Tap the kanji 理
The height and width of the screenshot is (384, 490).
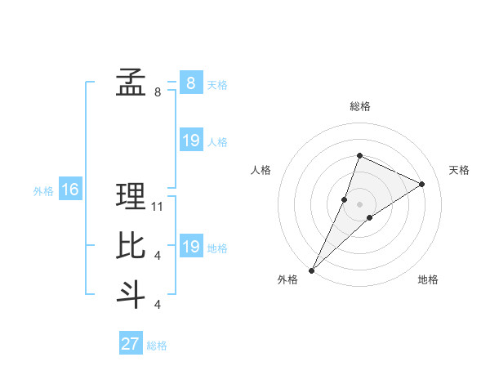(131, 196)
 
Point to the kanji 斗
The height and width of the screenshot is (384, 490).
(131, 294)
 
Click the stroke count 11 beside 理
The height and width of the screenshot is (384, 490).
(158, 207)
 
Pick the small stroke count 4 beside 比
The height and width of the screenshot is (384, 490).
(158, 256)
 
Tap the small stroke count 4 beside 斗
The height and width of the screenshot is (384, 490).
(158, 305)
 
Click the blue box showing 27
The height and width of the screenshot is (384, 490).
(131, 344)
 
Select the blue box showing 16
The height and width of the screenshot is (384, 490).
(69, 190)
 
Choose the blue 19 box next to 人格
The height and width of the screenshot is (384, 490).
(190, 141)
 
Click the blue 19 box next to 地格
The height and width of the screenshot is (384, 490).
(190, 247)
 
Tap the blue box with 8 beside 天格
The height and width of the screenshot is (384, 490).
(190, 83)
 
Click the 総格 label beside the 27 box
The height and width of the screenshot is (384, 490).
(157, 346)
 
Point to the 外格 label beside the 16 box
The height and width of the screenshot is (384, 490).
(43, 191)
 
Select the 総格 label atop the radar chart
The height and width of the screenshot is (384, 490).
(359, 106)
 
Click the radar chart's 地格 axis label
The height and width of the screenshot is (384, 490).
(428, 279)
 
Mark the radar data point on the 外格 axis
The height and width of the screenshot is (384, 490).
(312, 270)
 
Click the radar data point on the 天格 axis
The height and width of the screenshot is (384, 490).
(421, 184)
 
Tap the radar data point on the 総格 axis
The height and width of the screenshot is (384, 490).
(359, 156)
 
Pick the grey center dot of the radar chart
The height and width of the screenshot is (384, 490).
(359, 204)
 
